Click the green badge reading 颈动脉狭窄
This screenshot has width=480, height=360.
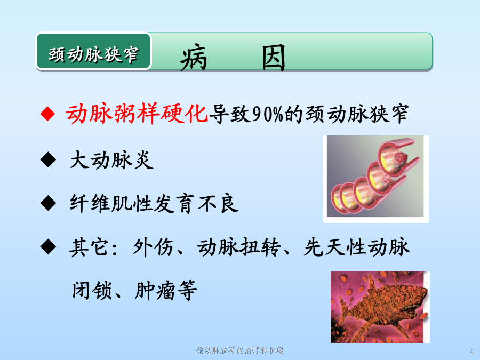click(94, 51)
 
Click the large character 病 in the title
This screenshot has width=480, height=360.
click(194, 58)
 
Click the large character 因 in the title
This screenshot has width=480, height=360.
click(274, 58)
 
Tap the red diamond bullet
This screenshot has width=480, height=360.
click(48, 114)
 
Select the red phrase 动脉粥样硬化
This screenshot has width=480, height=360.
click(137, 114)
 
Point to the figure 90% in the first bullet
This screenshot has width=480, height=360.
click(268, 114)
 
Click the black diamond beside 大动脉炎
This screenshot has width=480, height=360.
click(48, 160)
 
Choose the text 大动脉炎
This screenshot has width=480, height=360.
click(112, 160)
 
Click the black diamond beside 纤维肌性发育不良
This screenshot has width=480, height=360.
click(48, 203)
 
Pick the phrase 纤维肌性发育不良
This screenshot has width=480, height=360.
click(154, 204)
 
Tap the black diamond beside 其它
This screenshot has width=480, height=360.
click(48, 247)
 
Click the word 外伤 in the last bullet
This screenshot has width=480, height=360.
click(153, 247)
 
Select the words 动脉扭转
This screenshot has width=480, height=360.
click(239, 247)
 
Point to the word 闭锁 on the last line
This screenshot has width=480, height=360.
click(92, 290)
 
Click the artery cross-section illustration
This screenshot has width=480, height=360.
click(376, 179)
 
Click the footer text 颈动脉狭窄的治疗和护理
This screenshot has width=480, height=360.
click(239, 350)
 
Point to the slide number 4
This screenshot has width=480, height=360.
click(472, 351)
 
